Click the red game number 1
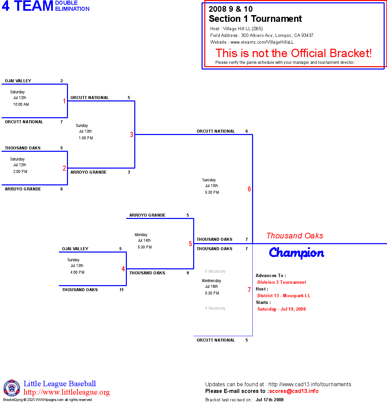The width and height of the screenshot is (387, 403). (64, 101)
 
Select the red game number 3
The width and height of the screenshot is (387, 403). (132, 135)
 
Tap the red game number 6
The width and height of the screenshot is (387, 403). (249, 189)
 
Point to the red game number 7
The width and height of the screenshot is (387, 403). (249, 290)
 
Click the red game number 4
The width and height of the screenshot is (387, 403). (123, 269)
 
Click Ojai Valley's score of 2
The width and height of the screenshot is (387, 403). (62, 81)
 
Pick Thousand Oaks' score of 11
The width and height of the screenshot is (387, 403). (121, 290)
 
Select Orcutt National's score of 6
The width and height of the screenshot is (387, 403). (247, 131)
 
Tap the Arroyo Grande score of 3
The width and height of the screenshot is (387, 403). (129, 172)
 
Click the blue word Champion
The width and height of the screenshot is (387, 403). (296, 253)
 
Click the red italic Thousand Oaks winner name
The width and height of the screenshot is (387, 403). (295, 236)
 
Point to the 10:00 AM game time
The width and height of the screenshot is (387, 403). (21, 104)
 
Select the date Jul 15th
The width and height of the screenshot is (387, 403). (211, 186)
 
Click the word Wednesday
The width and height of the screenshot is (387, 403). (211, 281)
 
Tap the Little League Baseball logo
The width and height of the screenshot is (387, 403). (12, 388)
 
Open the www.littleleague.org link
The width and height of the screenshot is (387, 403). (67, 392)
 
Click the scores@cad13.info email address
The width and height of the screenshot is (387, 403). (294, 391)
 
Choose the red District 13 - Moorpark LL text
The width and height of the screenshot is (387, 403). (284, 296)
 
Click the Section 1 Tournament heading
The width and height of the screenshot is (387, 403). (255, 19)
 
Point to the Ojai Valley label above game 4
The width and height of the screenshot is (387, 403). (75, 249)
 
